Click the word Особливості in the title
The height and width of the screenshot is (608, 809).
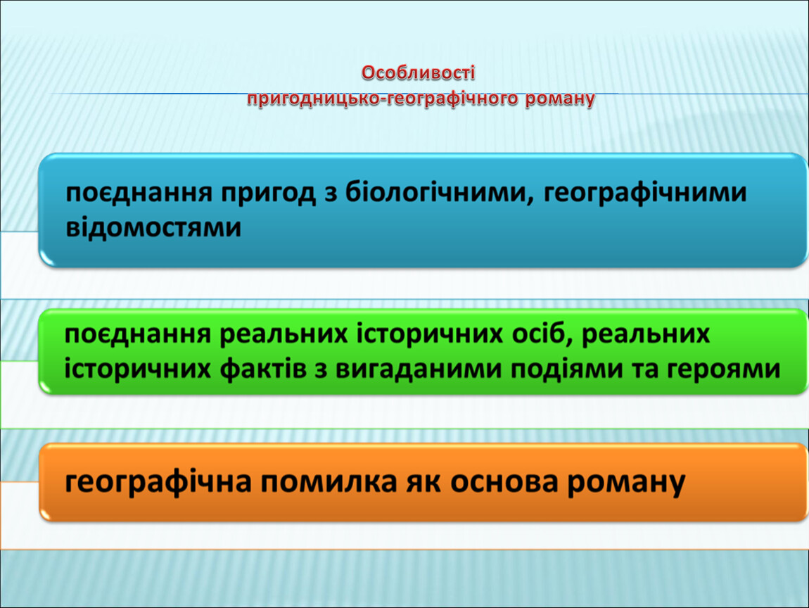(x=418, y=72)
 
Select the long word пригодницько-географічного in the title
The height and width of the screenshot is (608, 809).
(x=382, y=98)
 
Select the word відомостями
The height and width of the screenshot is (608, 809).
(x=154, y=227)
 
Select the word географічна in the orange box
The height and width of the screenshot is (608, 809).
(x=158, y=482)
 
